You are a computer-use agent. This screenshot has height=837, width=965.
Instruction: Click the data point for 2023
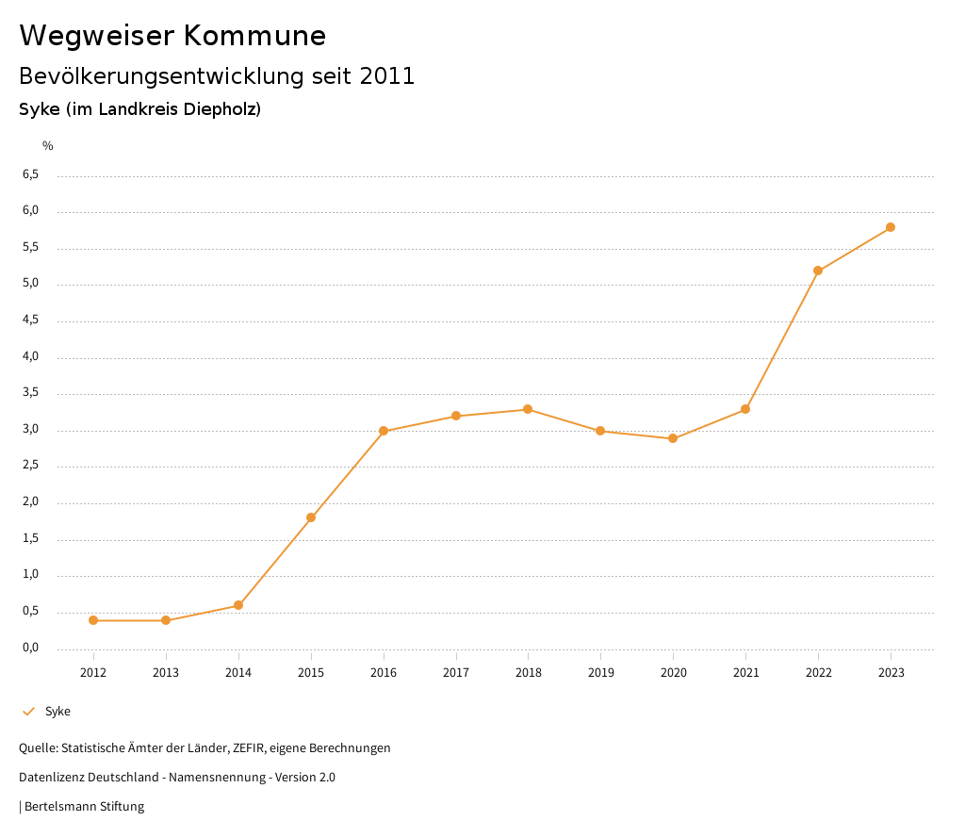(891, 227)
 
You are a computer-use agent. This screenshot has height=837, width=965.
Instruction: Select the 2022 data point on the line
(818, 271)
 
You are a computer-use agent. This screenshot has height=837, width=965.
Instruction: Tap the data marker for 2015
(311, 517)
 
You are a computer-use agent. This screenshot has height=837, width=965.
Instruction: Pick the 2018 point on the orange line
(528, 409)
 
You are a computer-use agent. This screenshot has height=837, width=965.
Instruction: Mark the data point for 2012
(93, 620)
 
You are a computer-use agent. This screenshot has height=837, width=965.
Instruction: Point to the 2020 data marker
(673, 438)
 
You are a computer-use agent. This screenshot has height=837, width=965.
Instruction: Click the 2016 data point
(384, 431)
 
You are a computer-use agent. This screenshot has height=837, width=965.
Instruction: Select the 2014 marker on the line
(238, 605)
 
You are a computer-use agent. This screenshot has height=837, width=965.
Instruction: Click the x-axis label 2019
(600, 672)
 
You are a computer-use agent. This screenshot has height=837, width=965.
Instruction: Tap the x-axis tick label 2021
(745, 672)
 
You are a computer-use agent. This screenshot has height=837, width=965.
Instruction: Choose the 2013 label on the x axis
(166, 672)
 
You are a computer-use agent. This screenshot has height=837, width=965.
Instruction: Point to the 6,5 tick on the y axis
(31, 174)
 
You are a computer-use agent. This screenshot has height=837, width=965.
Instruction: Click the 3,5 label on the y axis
(31, 393)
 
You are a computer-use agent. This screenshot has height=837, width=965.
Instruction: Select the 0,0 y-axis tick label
(31, 648)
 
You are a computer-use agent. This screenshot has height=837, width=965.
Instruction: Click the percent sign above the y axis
(48, 145)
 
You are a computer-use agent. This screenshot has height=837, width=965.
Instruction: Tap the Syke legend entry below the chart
(57, 712)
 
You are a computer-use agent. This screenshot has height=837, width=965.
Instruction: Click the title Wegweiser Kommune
(172, 36)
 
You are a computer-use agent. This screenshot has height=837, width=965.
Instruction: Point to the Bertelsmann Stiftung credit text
(84, 807)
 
